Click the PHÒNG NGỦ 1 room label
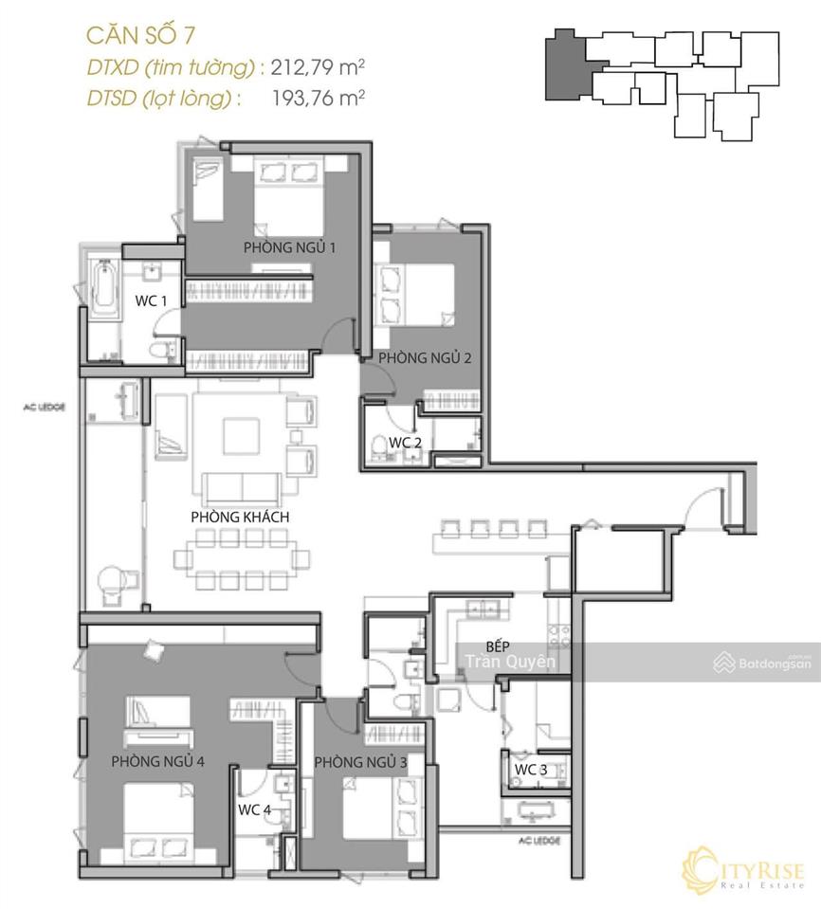tap(289, 247)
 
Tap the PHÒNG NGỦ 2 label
tap(425, 357)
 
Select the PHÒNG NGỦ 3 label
tap(360, 762)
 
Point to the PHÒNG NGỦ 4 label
tap(157, 760)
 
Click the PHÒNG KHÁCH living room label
tap(240, 517)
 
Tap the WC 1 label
tap(151, 300)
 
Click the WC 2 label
tap(405, 443)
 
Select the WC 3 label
tap(531, 770)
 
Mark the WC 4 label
tap(254, 809)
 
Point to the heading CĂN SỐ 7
tap(141, 35)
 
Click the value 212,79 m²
tap(318, 67)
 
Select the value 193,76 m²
tap(319, 98)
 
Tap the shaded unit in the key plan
tap(568, 65)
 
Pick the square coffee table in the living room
tap(241, 436)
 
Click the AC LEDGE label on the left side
tap(45, 407)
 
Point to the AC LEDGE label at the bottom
tap(539, 840)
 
